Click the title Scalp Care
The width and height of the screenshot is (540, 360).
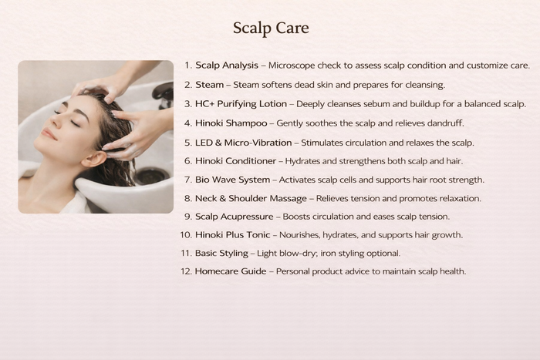click(271, 29)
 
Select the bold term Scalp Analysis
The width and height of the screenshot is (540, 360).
click(227, 66)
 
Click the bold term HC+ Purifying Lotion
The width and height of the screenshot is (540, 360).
click(241, 104)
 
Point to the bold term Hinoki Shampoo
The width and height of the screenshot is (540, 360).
click(231, 123)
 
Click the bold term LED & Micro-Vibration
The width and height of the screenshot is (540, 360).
click(243, 143)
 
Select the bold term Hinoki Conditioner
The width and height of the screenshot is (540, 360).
click(235, 161)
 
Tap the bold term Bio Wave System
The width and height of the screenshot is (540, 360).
click(232, 180)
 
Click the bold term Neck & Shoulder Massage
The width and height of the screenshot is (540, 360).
click(251, 198)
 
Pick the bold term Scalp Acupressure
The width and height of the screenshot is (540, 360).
click(235, 217)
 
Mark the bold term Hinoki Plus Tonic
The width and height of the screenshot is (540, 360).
click(232, 234)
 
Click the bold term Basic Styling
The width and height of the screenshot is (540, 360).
click(221, 254)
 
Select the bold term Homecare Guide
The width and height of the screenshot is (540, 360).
click(231, 271)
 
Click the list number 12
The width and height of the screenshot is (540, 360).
click(186, 271)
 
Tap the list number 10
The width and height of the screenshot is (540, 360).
click(186, 234)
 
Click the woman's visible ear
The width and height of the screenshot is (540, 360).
click(93, 159)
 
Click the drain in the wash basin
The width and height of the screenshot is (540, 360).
click(150, 177)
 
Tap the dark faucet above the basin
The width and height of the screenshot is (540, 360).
click(164, 95)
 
